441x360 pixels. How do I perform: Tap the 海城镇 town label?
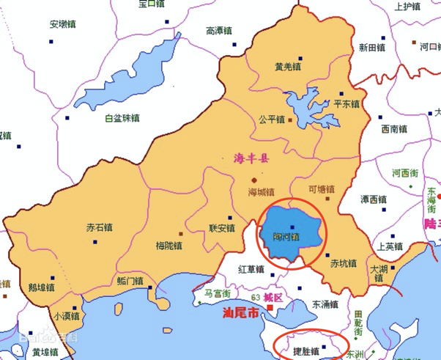click(262, 192)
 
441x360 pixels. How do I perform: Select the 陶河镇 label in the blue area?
click(286, 237)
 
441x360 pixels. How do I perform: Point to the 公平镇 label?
click(272, 119)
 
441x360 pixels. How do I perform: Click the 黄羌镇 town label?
click(288, 67)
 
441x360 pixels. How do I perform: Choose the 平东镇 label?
click(346, 104)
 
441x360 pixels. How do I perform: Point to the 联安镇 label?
click(222, 227)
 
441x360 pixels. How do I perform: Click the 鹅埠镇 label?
click(40, 286)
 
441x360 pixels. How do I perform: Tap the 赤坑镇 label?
click(343, 262)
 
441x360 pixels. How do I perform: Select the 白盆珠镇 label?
click(122, 117)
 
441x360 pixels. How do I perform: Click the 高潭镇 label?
click(219, 31)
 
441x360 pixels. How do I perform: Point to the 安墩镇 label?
click(62, 24)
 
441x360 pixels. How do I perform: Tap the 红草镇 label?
click(251, 269)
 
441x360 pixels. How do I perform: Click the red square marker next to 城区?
click(271, 308)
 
